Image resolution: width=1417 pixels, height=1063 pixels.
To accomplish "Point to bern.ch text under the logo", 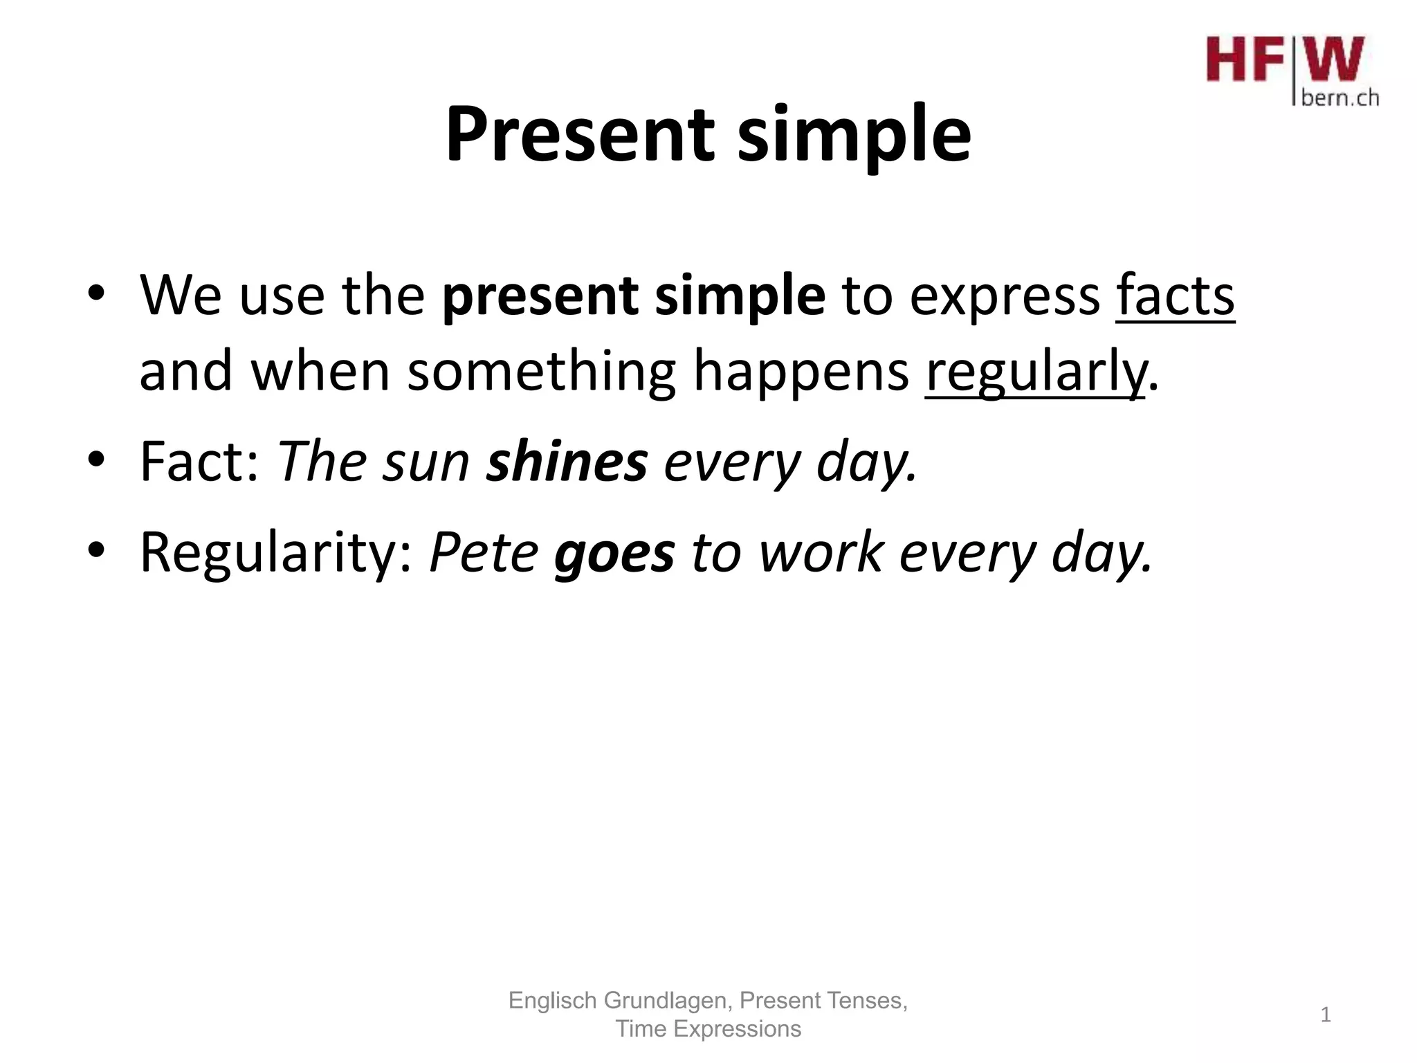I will [1340, 98].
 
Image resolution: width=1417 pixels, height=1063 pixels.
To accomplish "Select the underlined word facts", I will [1175, 296].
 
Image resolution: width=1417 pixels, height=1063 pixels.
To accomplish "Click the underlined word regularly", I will [1035, 372].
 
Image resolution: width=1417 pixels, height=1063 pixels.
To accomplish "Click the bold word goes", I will [614, 553].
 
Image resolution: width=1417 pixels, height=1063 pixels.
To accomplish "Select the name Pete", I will [484, 553].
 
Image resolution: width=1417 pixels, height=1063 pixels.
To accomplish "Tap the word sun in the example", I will [426, 463].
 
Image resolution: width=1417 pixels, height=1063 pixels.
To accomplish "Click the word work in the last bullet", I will [821, 553].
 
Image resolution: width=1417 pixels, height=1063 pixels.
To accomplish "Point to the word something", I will [540, 372].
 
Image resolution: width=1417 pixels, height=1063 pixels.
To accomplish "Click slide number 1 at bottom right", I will [1326, 1015].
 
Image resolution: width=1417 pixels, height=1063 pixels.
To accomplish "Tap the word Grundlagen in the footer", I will [668, 1001].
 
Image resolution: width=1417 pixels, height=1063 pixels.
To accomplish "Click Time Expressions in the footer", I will [708, 1029].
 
